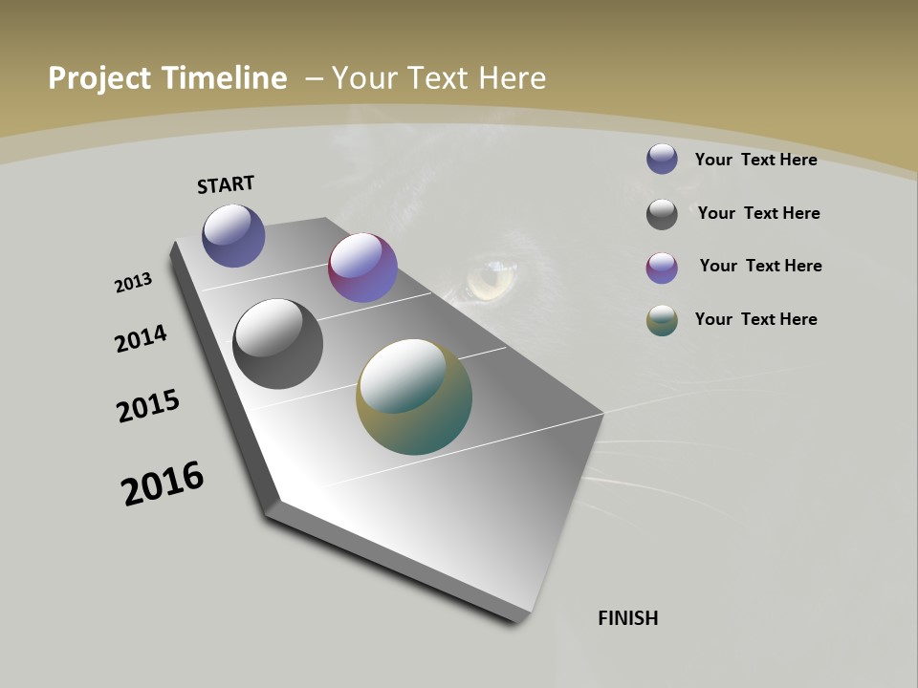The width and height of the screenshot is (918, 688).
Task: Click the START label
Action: [x=226, y=184]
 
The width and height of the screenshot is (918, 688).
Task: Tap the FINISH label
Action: [x=628, y=618]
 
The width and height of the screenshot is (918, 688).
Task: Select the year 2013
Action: [x=133, y=283]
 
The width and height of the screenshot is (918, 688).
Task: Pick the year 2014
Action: [x=141, y=338]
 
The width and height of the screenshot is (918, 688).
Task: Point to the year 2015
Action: [x=148, y=406]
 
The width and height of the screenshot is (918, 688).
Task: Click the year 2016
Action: [x=163, y=484]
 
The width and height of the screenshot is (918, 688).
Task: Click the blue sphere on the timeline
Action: [x=233, y=235]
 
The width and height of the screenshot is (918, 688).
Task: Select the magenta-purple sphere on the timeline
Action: [x=362, y=268]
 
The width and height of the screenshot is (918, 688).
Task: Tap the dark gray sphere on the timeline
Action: [x=277, y=344]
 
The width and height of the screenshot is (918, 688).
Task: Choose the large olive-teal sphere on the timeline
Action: [x=414, y=397]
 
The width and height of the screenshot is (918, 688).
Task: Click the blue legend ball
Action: [x=662, y=159]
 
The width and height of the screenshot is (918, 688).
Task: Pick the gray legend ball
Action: [x=662, y=214]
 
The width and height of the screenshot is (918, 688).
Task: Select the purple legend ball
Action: [x=662, y=268]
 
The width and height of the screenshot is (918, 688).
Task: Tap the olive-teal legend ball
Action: [x=662, y=320]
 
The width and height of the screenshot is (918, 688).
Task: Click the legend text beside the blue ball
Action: [x=755, y=160]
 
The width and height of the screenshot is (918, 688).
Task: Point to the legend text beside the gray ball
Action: [x=758, y=213]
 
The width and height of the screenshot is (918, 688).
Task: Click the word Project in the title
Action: [x=99, y=78]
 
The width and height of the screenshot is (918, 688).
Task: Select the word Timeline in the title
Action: [x=225, y=78]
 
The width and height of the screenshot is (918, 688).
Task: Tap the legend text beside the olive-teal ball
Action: [x=755, y=319]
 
